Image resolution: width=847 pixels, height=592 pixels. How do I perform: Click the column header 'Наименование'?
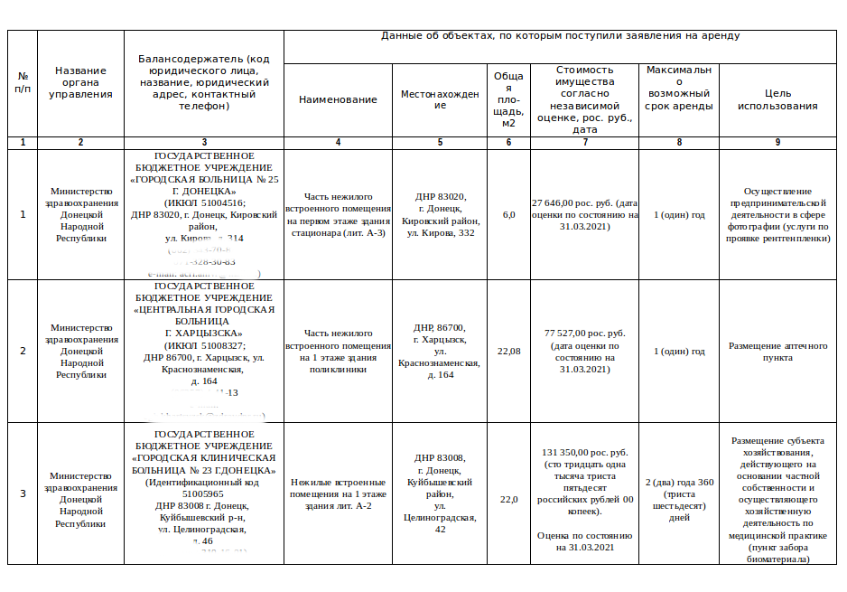tap(338, 99)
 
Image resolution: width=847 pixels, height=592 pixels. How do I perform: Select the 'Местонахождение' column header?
tap(440, 99)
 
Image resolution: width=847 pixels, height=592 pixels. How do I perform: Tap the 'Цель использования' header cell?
tap(777, 99)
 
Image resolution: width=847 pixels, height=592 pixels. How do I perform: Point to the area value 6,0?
tap(508, 215)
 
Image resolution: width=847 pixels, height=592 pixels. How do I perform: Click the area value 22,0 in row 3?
tap(508, 500)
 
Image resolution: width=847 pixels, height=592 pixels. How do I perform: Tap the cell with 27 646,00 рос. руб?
tap(584, 215)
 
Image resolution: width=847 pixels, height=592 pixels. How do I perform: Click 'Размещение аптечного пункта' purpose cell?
tap(777, 352)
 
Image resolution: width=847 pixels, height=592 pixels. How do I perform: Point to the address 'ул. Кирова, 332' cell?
tap(440, 215)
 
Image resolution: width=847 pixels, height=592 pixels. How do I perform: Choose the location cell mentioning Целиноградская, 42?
tap(440, 493)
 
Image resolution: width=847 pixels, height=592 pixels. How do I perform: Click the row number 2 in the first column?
tap(23, 352)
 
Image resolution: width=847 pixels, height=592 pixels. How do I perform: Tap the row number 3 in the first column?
tap(23, 493)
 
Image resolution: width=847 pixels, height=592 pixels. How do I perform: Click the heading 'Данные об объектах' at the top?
tap(561, 36)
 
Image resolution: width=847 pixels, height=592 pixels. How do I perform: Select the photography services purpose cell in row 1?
tap(777, 215)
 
